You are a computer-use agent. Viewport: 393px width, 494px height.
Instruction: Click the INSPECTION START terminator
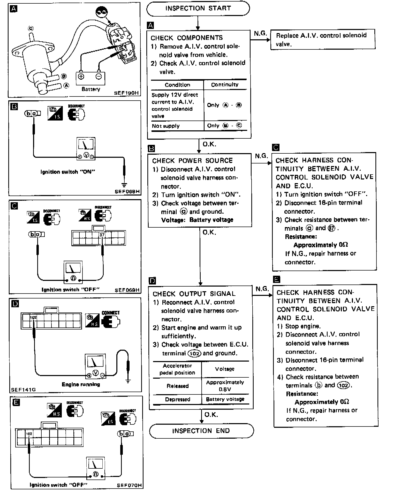(x=198, y=8)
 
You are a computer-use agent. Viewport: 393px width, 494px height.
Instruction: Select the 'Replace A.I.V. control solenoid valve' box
(x=322, y=40)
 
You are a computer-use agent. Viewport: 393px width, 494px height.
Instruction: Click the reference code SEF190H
(x=126, y=93)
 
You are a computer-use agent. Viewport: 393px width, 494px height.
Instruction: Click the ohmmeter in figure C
(x=73, y=272)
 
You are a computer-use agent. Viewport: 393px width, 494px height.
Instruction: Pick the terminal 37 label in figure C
(x=102, y=235)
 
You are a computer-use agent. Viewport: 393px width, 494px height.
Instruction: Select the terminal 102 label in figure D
(x=33, y=317)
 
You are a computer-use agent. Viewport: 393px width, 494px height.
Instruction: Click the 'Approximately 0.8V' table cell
(x=225, y=386)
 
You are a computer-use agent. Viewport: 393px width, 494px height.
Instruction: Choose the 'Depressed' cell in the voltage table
(x=177, y=399)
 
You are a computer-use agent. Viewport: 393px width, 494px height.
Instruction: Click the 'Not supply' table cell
(x=166, y=126)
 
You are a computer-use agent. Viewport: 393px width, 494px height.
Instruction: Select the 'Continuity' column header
(x=225, y=85)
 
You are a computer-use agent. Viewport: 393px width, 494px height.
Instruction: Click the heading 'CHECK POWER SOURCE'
(x=192, y=161)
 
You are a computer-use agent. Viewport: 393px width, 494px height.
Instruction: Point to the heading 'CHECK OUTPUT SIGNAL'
(x=194, y=294)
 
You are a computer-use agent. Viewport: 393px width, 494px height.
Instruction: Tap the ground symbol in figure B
(x=124, y=185)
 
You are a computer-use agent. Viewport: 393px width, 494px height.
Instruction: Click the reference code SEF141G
(x=24, y=390)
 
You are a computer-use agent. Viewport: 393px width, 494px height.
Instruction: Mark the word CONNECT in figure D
(x=111, y=313)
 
